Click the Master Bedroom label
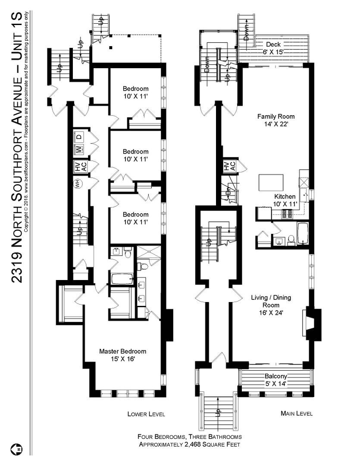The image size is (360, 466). click(x=123, y=355)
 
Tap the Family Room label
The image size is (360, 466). click(x=276, y=120)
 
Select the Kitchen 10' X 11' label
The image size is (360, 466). click(x=285, y=200)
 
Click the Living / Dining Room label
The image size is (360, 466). click(x=271, y=305)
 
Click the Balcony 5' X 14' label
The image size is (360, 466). click(x=276, y=380)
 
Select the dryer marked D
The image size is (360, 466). click(x=79, y=137)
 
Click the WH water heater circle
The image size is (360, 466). click(x=78, y=184)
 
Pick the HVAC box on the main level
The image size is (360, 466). click(x=229, y=166)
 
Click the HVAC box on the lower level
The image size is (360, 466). click(x=80, y=167)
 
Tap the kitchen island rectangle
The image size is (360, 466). click(x=271, y=183)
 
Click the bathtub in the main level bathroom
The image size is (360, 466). click(x=303, y=234)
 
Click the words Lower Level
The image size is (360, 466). click(x=146, y=414)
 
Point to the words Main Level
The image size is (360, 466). click(x=297, y=413)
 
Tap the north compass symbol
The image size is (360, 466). click(x=17, y=449)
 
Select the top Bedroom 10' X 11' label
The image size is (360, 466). click(x=135, y=92)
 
